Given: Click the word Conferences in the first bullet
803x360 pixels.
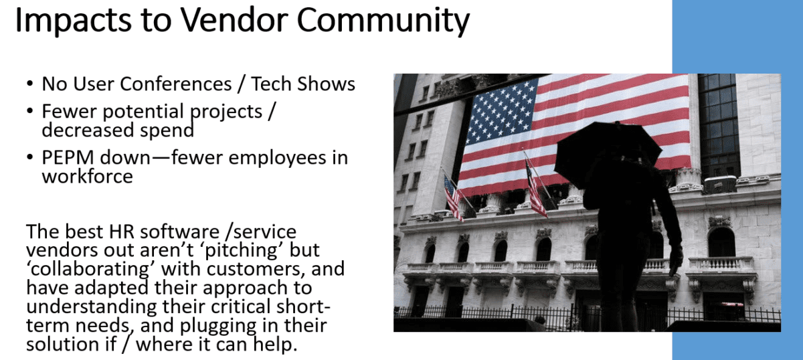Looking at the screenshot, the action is [175, 84].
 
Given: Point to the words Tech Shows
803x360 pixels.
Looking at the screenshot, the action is [303, 84].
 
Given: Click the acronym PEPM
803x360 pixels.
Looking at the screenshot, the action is [68, 157].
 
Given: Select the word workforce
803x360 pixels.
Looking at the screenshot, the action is [88, 176].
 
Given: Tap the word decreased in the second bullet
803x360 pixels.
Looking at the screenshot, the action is [88, 130].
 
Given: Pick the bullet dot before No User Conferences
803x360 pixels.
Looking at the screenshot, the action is [29, 84].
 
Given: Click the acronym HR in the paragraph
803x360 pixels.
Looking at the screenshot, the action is [121, 232].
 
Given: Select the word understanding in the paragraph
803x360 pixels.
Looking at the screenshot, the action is [92, 307].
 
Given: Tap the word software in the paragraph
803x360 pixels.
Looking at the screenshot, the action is [179, 232].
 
